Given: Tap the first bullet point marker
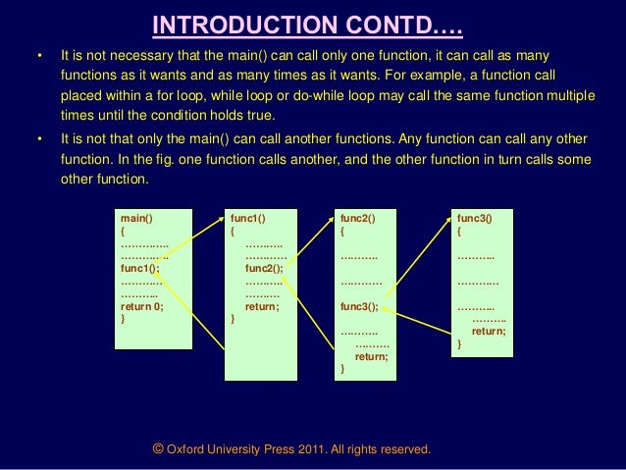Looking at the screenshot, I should [40, 56].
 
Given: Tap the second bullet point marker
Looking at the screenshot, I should [40, 138].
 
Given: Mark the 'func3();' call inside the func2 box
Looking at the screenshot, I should [359, 307].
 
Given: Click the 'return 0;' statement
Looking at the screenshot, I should [142, 306].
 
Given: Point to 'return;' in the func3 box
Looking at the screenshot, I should [489, 332].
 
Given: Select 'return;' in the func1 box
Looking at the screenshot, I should [262, 306].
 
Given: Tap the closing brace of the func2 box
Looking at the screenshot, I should [342, 370].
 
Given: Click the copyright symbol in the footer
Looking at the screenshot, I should [158, 448].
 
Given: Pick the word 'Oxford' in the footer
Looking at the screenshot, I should [186, 449].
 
